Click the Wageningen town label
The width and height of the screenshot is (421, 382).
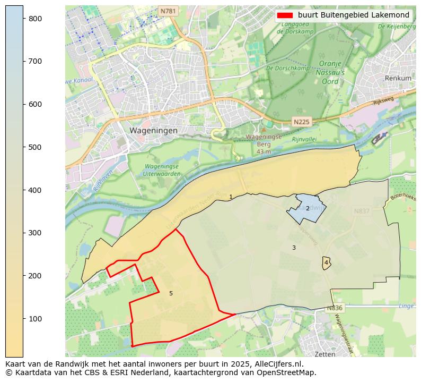click(154, 130)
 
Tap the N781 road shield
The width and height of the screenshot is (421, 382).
click(168, 11)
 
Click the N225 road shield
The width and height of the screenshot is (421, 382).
click(301, 122)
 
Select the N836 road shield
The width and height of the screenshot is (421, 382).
click(335, 308)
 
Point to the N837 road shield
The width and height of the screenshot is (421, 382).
click(362, 211)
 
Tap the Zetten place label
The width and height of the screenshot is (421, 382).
click(324, 353)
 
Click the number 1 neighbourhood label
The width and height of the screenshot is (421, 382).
click(231, 197)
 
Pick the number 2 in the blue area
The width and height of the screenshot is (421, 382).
click(308, 208)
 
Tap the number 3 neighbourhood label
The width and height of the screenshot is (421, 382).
click(294, 248)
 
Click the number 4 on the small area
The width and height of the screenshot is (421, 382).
click(326, 262)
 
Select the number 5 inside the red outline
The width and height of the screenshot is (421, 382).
click(171, 293)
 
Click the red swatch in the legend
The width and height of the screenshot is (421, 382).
click(285, 15)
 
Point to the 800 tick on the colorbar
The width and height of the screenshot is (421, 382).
click(35, 18)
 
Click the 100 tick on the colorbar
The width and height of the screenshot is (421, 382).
click(35, 318)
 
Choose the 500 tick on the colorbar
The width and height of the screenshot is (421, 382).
click(35, 147)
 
